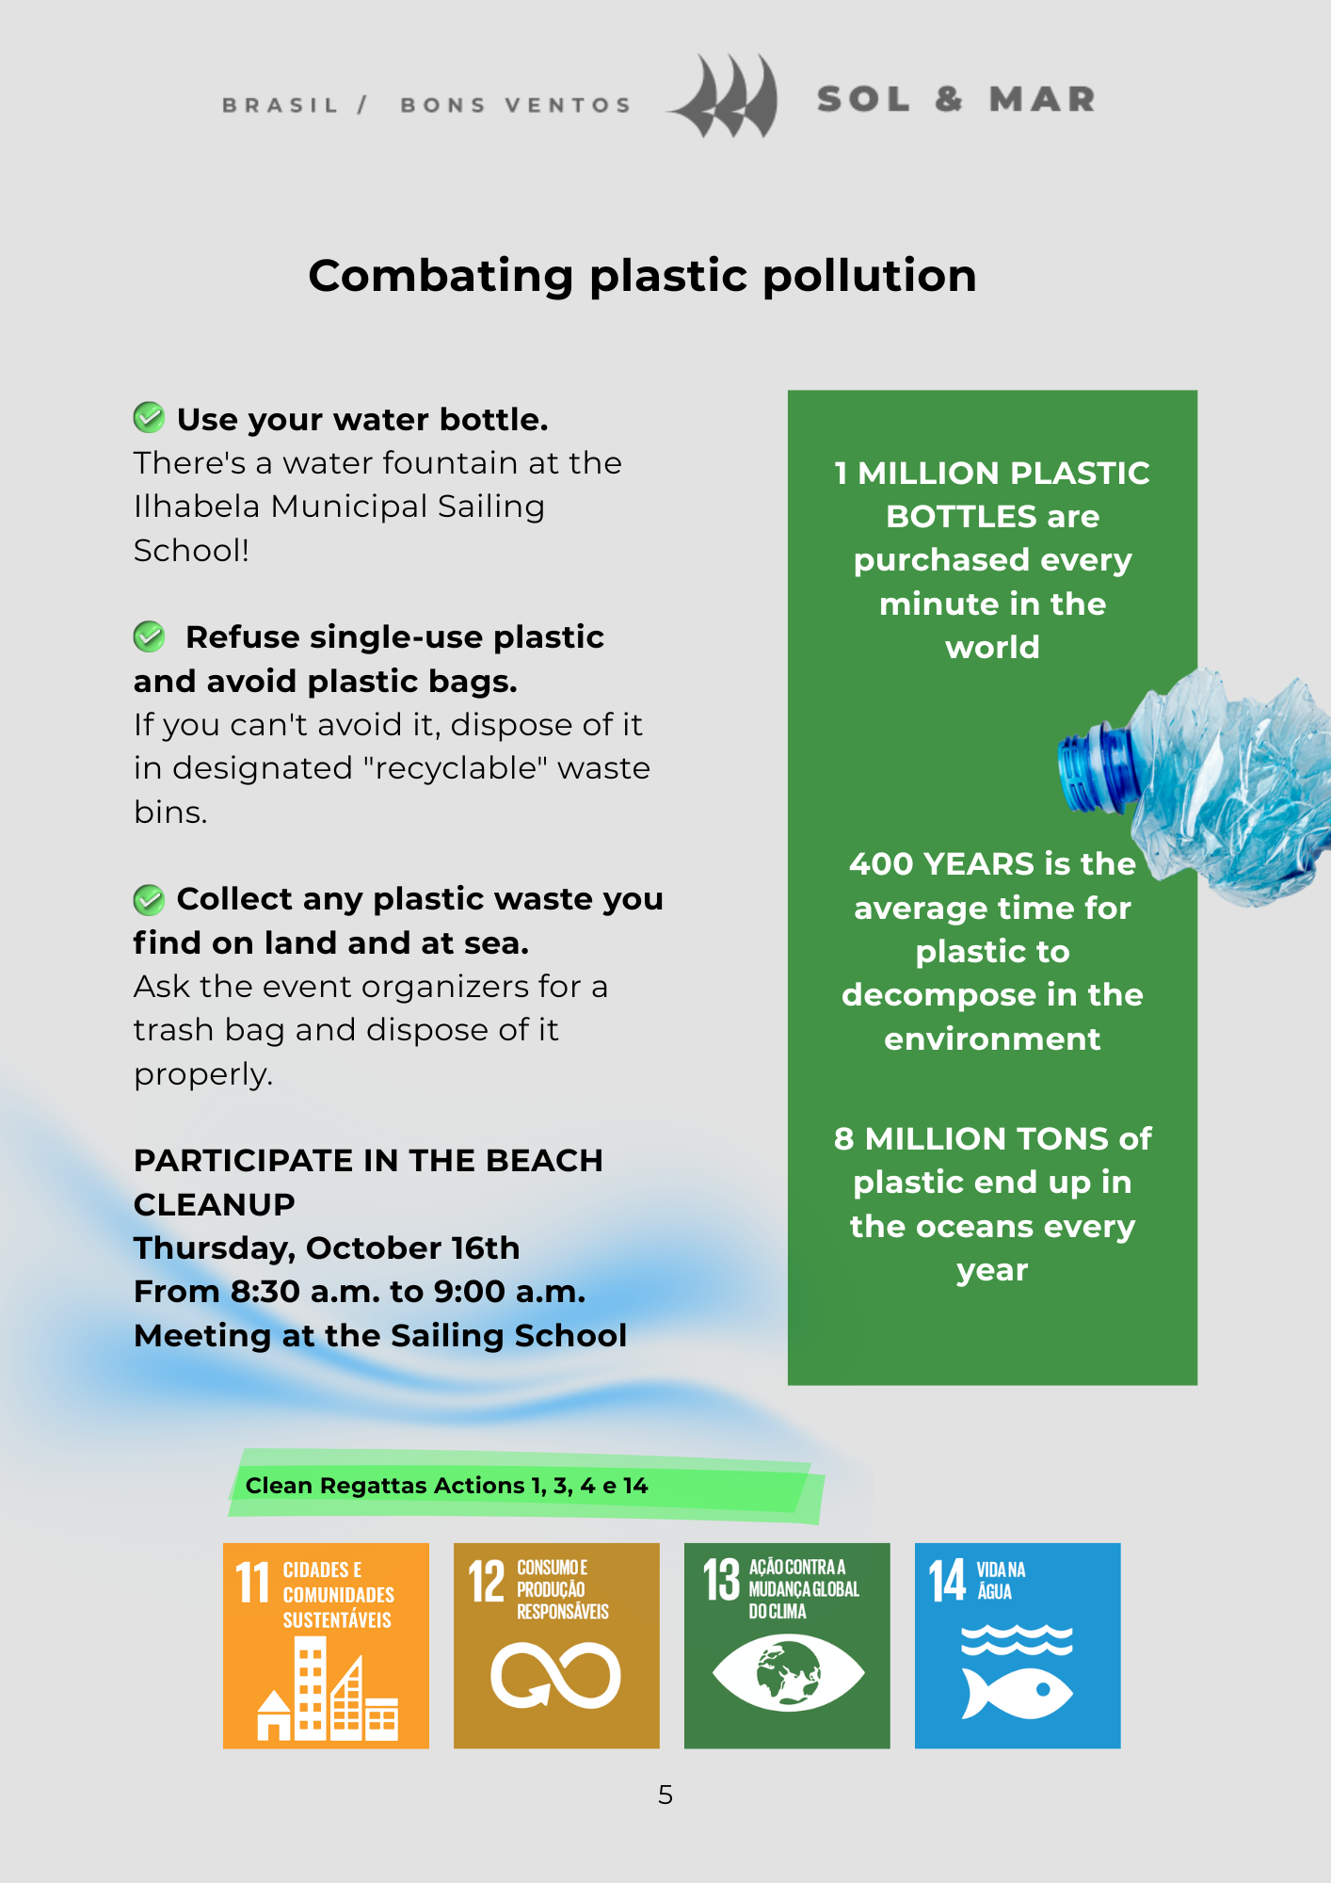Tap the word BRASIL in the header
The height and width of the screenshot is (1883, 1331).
coord(280,105)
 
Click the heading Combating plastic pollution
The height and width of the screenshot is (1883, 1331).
coord(642,276)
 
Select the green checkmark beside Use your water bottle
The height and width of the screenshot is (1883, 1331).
coord(149,417)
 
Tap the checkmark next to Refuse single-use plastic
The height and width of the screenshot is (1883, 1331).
coord(149,636)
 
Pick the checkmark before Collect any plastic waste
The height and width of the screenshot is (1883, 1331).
coord(149,899)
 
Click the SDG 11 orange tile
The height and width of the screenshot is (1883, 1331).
coord(326,1646)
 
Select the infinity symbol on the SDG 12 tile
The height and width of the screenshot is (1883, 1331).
coord(555,1676)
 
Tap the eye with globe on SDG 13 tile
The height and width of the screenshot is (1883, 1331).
coord(788,1673)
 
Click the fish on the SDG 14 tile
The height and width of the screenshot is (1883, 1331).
coord(1018,1692)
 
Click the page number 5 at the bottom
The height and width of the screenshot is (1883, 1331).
coord(665,1795)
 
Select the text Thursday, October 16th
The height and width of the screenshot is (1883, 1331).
coord(327,1248)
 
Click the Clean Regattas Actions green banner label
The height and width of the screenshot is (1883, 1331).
coord(446,1486)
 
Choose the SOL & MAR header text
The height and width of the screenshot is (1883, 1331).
coord(956,99)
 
